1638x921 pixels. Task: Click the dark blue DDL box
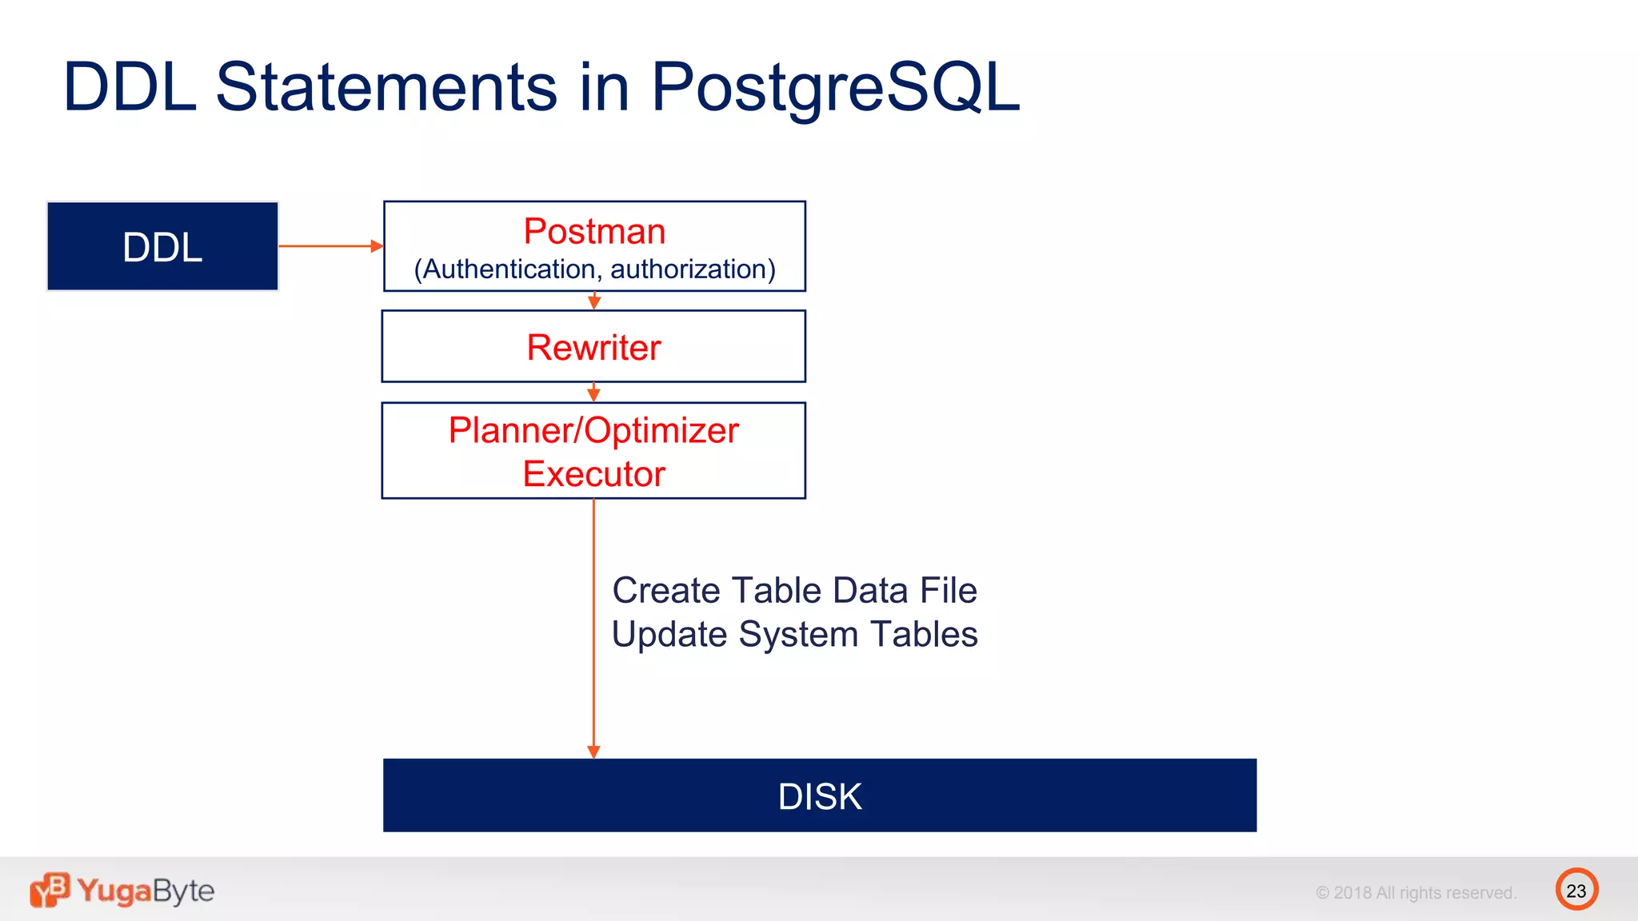[x=162, y=246]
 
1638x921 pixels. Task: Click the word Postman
[x=594, y=232]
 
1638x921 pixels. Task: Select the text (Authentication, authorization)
[x=594, y=269]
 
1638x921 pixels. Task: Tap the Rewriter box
[x=593, y=347]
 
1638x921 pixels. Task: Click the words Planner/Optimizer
[x=593, y=431]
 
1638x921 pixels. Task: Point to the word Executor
[x=593, y=474]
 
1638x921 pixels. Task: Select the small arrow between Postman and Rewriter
[x=594, y=301]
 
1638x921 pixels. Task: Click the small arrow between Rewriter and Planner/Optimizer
[x=593, y=393]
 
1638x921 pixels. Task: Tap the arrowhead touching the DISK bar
[x=593, y=752]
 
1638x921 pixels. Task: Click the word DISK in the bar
[x=820, y=796]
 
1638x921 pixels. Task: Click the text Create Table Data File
[x=794, y=591]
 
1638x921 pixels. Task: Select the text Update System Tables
[x=794, y=635]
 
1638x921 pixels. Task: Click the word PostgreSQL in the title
[x=835, y=87]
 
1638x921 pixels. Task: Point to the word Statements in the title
[x=386, y=87]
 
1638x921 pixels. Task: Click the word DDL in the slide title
[x=130, y=87]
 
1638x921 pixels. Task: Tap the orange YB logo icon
[x=50, y=890]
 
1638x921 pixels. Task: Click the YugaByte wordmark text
[x=146, y=891]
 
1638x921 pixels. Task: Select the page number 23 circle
[x=1576, y=890]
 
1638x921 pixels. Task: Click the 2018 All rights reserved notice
[x=1416, y=893]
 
